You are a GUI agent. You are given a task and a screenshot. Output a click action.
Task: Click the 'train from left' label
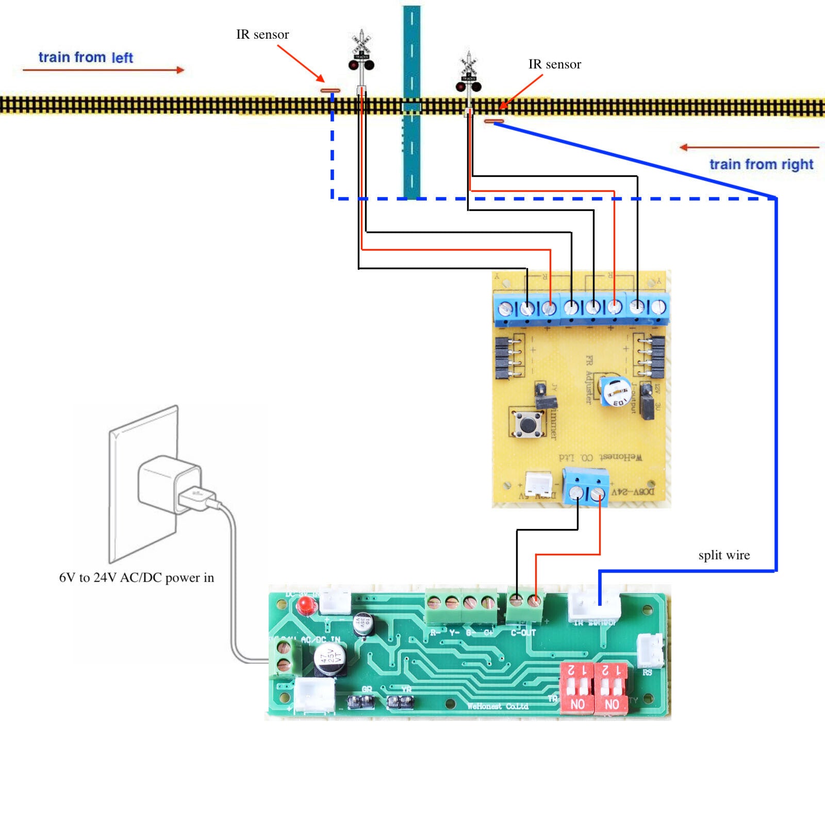coord(86,57)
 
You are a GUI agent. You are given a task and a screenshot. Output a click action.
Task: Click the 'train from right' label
coord(761,164)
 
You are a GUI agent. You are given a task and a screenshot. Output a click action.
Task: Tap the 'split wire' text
coord(724,555)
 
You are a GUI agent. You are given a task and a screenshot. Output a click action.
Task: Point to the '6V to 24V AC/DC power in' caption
coord(136,577)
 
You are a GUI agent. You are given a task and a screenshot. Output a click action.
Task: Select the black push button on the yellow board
coord(527,424)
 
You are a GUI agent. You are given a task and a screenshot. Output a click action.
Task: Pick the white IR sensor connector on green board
coord(594,606)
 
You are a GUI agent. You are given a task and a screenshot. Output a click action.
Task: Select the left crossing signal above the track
coord(361,54)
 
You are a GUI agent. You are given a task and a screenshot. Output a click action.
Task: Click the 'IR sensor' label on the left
coord(262,35)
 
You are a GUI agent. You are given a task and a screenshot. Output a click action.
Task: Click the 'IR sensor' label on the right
coord(554,64)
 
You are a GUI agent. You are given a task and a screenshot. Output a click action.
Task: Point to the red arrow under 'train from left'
coord(103,70)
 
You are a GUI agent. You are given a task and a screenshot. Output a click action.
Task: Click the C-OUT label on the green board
coord(523,633)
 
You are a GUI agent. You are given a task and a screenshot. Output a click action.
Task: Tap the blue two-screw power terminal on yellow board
coord(585,487)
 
